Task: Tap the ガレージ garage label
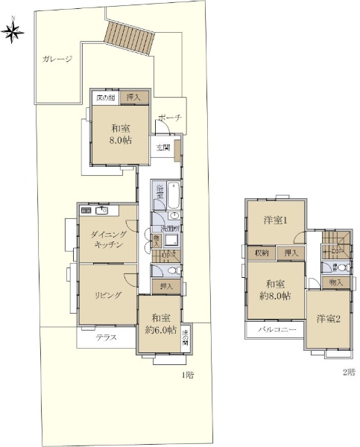(x=57, y=60)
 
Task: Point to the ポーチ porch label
(x=169, y=118)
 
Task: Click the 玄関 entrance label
(x=163, y=148)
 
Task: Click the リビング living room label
(x=107, y=295)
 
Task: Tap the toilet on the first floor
(x=170, y=271)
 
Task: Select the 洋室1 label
(x=275, y=221)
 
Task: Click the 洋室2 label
(x=328, y=320)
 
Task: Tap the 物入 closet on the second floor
(x=336, y=282)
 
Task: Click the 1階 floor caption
(x=188, y=375)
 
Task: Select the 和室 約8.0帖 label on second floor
(x=275, y=290)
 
